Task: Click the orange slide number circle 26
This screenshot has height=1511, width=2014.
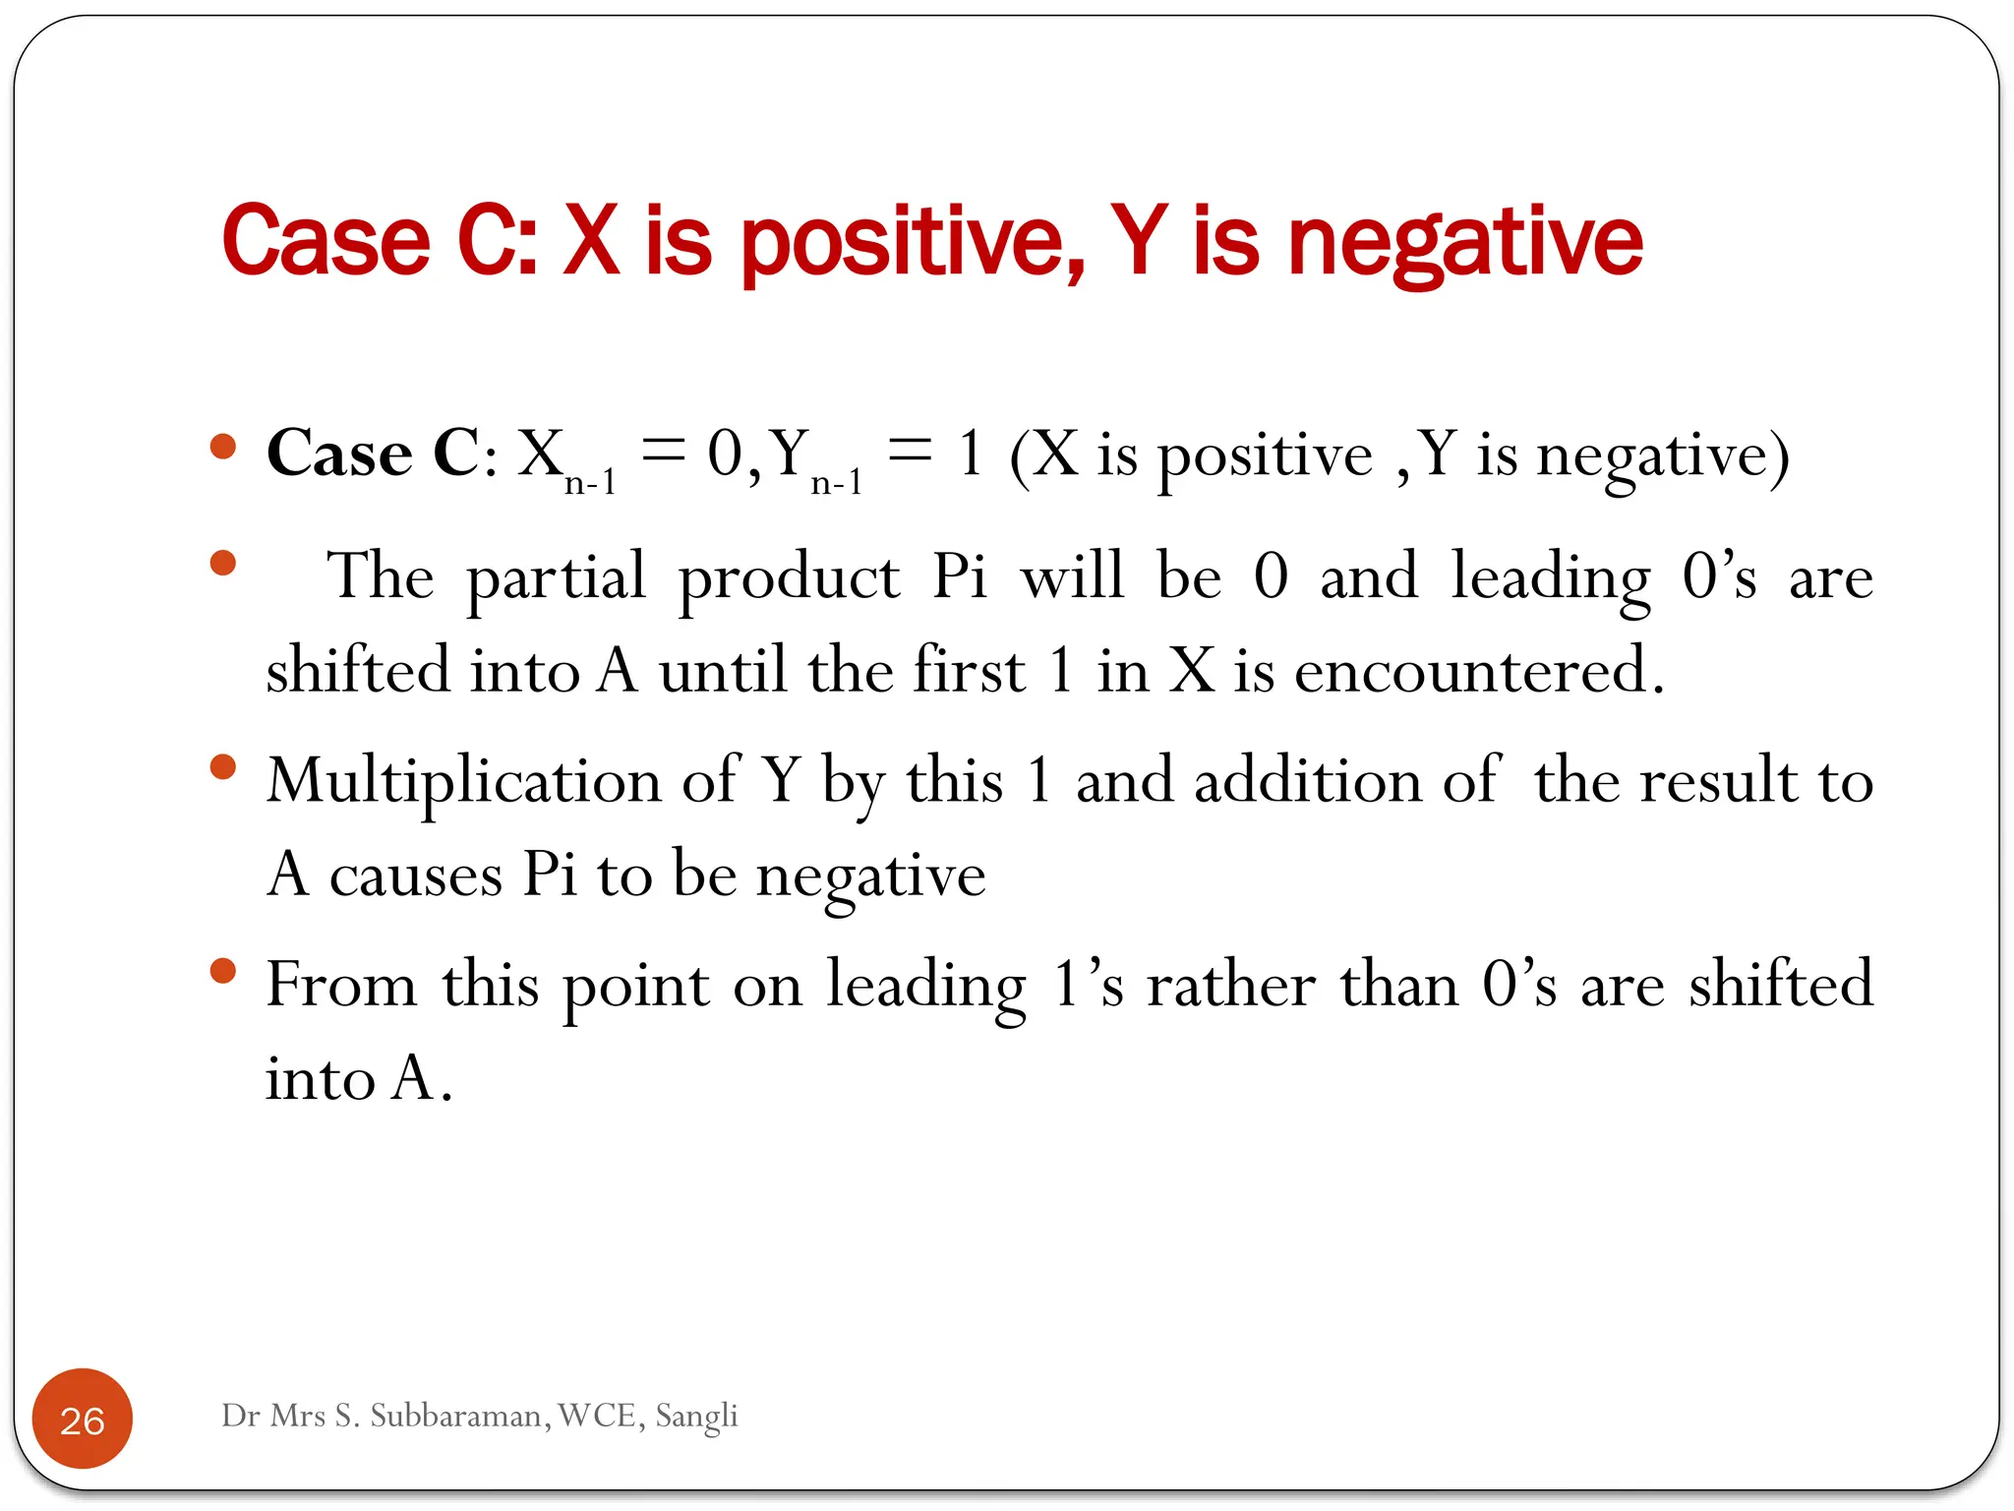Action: (83, 1419)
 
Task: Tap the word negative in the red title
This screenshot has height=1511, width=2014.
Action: (1465, 242)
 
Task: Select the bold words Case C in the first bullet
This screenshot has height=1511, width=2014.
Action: (373, 454)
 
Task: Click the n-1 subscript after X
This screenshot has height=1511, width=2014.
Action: (590, 482)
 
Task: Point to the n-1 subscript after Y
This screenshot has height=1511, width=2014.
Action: (837, 482)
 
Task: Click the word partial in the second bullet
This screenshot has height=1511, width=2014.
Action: (556, 577)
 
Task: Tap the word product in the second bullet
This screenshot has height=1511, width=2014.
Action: (789, 577)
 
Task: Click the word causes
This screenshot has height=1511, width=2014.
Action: (415, 875)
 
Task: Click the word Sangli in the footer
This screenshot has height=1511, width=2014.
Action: (696, 1416)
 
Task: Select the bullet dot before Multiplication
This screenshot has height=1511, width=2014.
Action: (224, 766)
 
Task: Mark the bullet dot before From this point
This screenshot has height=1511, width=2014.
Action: (224, 971)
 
